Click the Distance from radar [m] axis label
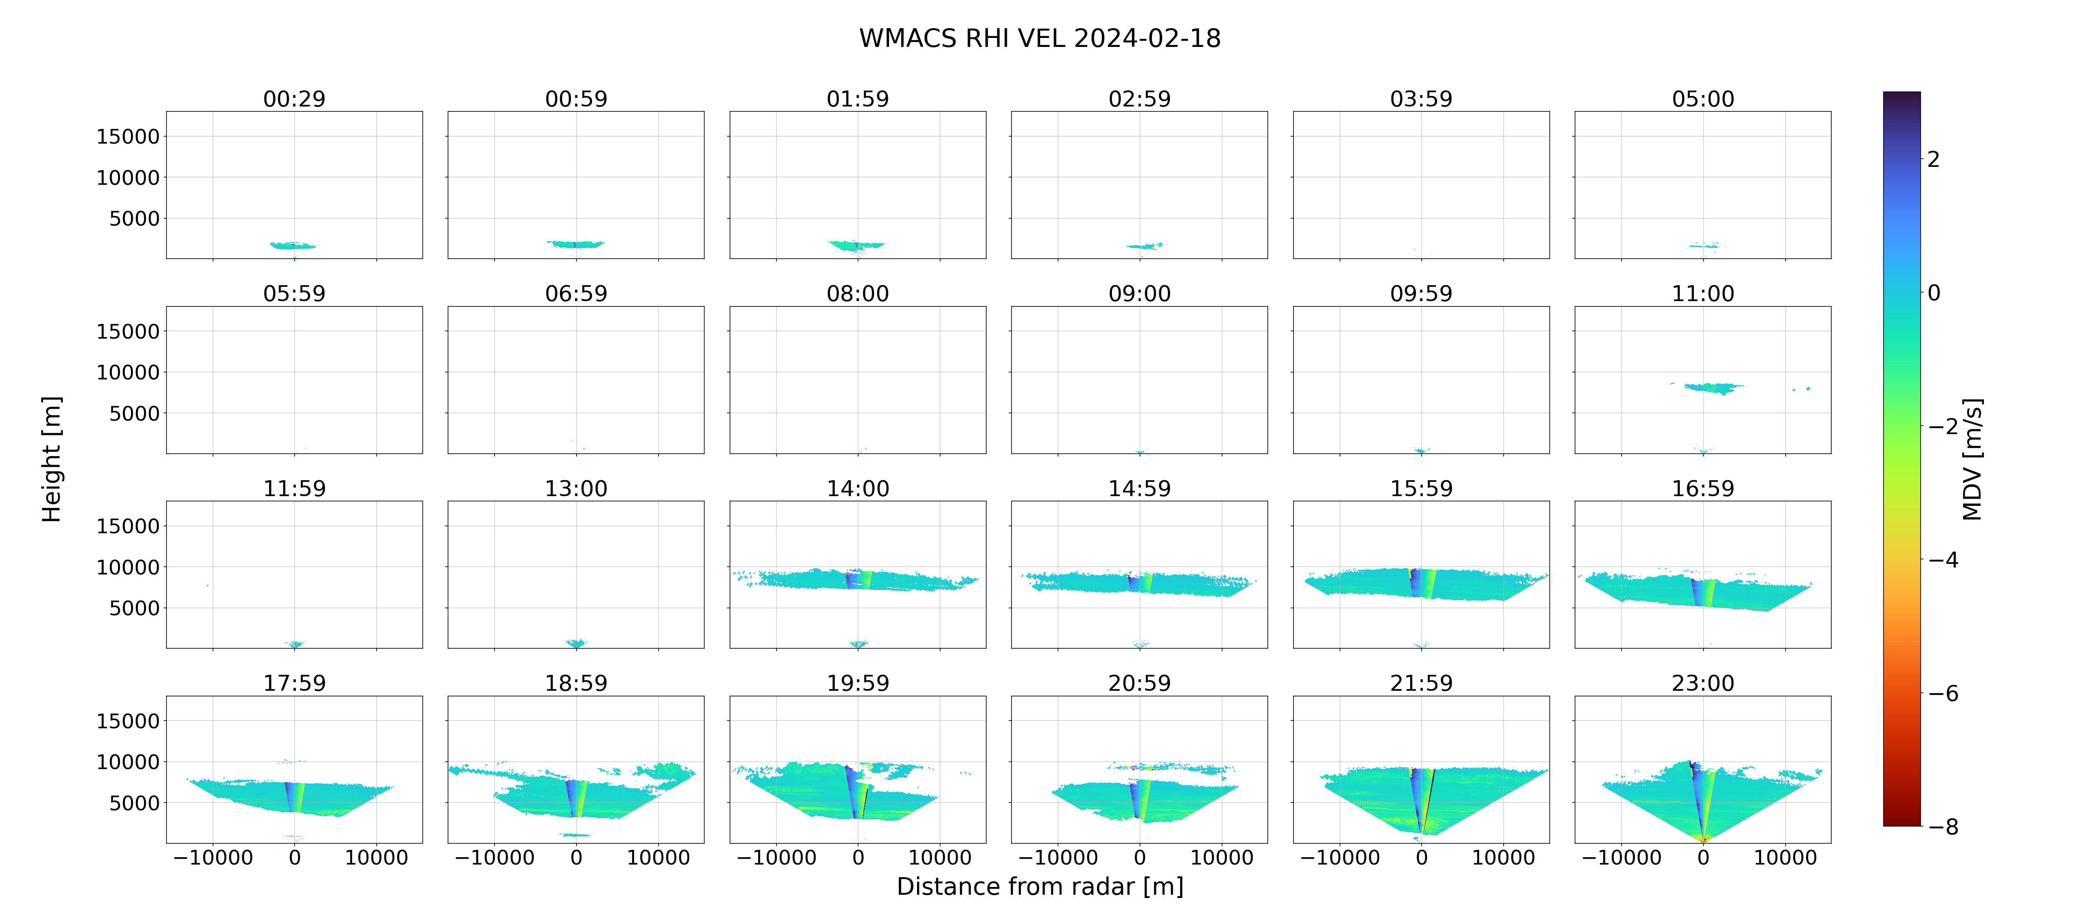1040,887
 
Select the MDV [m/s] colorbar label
1972,459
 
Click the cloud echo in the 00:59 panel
575,244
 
